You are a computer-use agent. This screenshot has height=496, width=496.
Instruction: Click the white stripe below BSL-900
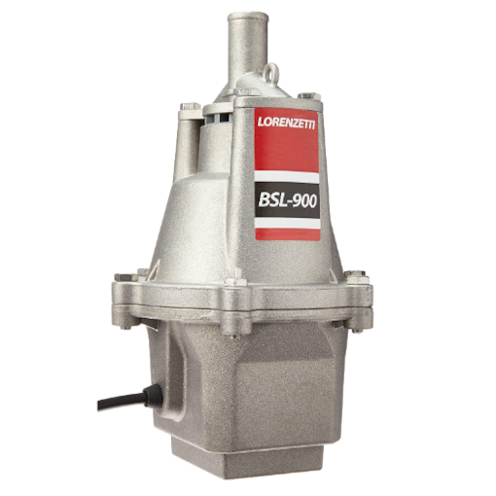click(x=288, y=223)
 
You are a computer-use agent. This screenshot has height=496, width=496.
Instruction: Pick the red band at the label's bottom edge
click(x=288, y=232)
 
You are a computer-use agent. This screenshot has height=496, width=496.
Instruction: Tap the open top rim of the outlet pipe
click(x=246, y=17)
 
